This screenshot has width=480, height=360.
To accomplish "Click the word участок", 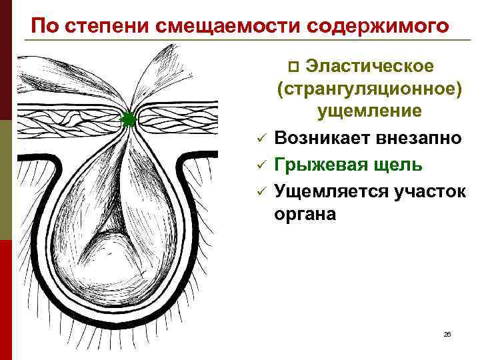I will coord(425,191).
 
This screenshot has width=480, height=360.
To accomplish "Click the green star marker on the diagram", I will coord(129,120).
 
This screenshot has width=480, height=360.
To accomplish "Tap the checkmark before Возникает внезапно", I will coord(262,139).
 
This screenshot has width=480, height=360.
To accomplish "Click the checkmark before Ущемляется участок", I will coord(262,192).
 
